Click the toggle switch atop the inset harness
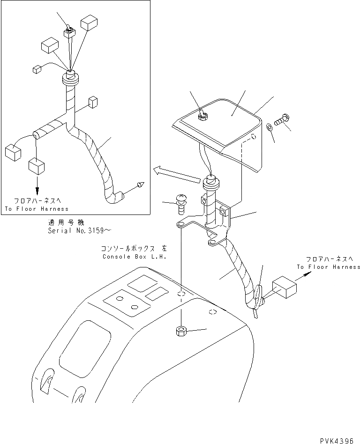(69, 31)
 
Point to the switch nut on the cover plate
(203, 115)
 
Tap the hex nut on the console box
(180, 332)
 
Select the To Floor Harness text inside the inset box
(37, 209)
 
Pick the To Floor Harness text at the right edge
(328, 267)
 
